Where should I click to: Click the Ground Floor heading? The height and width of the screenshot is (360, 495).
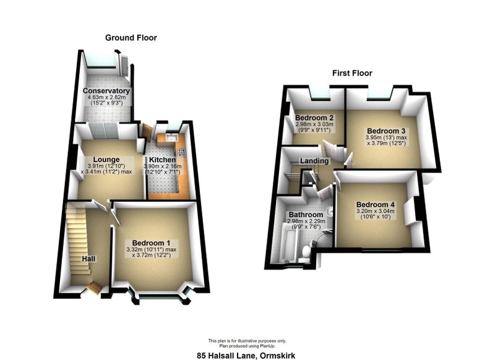click(131, 38)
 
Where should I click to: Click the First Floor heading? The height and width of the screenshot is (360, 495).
click(352, 73)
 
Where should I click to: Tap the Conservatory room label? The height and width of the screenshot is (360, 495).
click(106, 91)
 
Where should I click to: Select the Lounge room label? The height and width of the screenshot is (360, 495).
click(106, 160)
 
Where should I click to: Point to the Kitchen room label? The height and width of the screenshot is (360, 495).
click(162, 160)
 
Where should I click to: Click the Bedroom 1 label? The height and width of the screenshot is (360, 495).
click(151, 243)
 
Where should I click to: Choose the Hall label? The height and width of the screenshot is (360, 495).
click(88, 259)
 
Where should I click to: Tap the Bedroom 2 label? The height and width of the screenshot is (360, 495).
click(314, 118)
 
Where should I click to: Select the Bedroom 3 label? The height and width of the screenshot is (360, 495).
click(386, 131)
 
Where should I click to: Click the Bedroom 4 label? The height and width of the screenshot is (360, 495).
click(376, 205)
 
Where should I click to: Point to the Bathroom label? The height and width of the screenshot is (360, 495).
click(306, 215)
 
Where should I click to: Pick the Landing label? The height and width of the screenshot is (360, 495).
click(314, 161)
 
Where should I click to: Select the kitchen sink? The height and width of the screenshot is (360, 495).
click(173, 137)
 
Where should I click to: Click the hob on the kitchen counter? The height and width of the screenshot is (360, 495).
click(181, 153)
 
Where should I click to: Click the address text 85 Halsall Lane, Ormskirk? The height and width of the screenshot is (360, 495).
click(246, 356)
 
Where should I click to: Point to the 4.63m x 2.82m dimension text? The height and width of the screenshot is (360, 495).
click(106, 98)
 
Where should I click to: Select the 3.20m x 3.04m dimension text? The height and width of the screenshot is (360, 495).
click(376, 212)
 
